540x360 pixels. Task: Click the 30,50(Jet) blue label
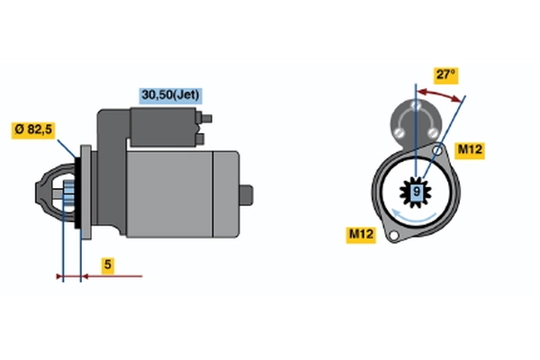[x=170, y=95]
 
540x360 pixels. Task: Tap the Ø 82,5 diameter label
[x=33, y=130]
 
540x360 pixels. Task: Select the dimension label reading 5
[x=108, y=265]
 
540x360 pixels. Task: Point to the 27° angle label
[x=445, y=75]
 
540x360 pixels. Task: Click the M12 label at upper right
[x=470, y=150]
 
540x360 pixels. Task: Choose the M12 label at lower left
[x=361, y=235]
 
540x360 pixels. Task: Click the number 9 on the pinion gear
[x=417, y=191]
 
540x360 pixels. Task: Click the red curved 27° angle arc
[x=439, y=94]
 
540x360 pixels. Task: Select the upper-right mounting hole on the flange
[x=437, y=150]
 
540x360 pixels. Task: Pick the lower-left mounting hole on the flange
[x=393, y=235]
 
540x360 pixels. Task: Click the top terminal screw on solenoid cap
[x=416, y=104]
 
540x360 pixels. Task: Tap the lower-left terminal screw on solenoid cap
[x=399, y=132]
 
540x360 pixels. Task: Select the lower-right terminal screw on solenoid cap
[x=433, y=132]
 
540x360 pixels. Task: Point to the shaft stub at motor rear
[x=247, y=195]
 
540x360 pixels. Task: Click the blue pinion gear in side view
[x=69, y=195]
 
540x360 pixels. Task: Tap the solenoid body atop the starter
[x=163, y=127]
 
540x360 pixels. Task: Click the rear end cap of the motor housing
[x=226, y=194]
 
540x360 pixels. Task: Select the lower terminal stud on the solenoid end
[x=200, y=139]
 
